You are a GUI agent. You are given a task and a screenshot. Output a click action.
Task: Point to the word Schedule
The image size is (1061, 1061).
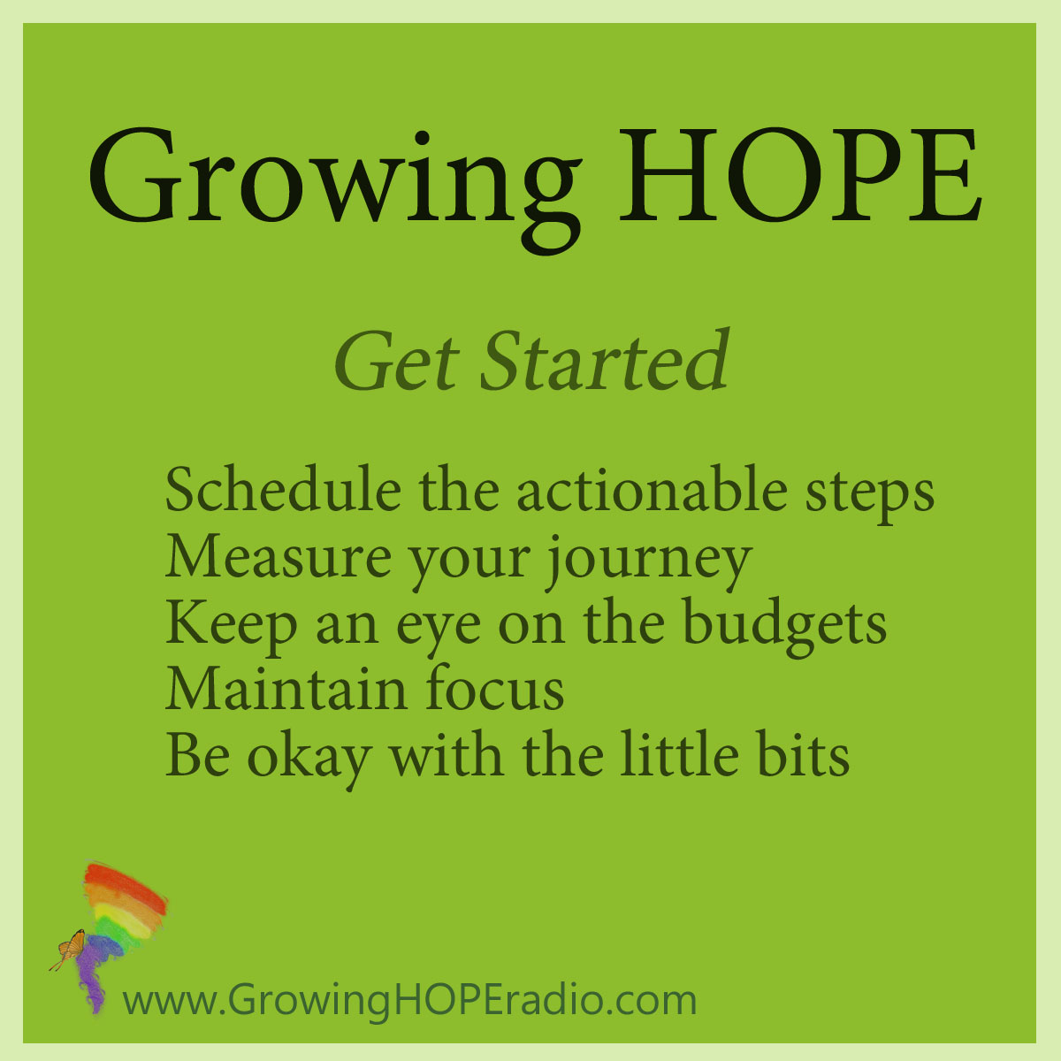click(x=283, y=490)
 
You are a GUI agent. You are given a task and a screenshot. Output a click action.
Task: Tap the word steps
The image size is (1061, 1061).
click(x=869, y=494)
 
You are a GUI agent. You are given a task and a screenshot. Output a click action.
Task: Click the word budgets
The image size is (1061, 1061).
click(x=785, y=626)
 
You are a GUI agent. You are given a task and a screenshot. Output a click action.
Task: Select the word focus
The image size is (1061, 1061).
click(x=495, y=690)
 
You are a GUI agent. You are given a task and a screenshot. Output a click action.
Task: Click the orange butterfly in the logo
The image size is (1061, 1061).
click(x=69, y=950)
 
